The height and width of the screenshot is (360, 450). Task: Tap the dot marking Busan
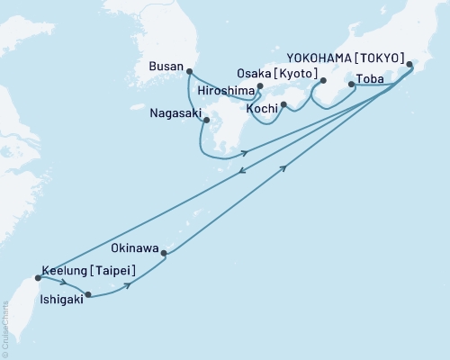click(188, 70)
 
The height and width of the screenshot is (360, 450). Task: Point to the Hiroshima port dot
click(259, 87)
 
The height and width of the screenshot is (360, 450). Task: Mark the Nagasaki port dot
click(206, 120)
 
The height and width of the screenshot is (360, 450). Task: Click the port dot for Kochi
click(283, 105)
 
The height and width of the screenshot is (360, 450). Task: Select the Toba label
click(371, 79)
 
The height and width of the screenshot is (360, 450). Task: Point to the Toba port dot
click(351, 84)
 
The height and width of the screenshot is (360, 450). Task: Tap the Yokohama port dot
click(410, 64)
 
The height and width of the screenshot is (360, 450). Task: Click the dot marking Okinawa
click(164, 253)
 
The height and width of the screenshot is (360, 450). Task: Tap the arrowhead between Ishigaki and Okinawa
click(129, 284)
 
